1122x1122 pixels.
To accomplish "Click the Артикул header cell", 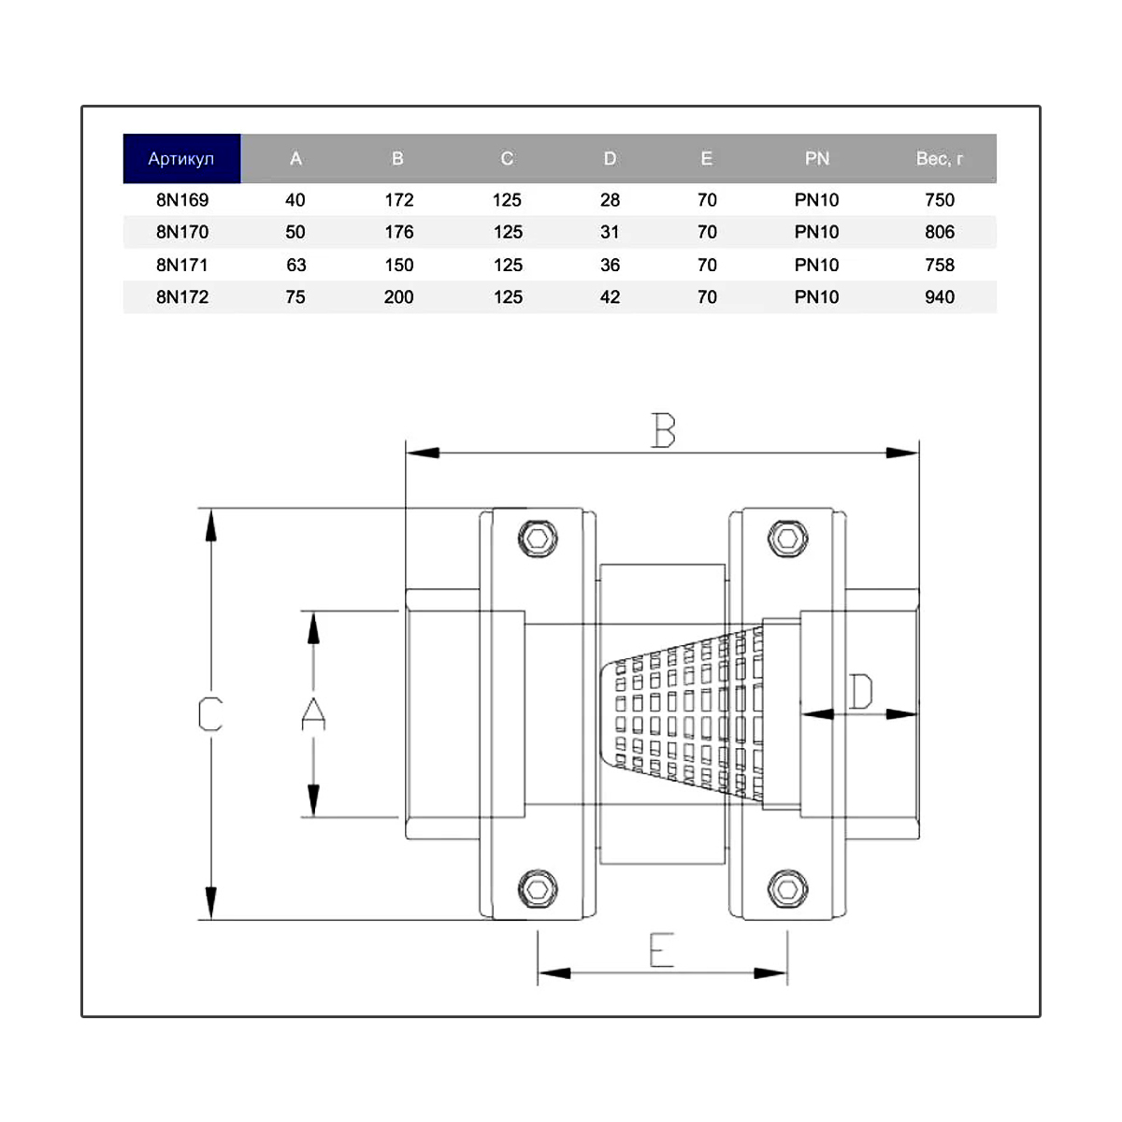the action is [x=181, y=158].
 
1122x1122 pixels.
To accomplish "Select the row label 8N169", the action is [x=181, y=200].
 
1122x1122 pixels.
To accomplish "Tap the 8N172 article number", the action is [x=181, y=297].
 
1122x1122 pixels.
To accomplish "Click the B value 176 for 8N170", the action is [x=399, y=232].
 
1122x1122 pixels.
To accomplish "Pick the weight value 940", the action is [x=939, y=297].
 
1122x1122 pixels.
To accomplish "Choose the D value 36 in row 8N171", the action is [x=610, y=265].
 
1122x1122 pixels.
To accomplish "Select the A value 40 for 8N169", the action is [x=295, y=200].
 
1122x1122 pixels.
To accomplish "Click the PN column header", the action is [x=817, y=158].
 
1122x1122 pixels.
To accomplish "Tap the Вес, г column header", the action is [x=939, y=158].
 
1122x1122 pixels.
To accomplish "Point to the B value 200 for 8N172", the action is [x=399, y=297].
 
